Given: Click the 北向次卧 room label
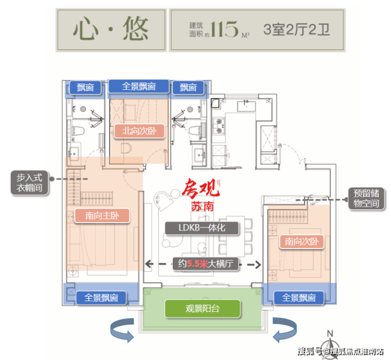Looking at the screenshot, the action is click(139, 131).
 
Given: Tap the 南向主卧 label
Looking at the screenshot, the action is click(102, 216).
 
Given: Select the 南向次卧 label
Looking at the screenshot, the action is click(302, 242).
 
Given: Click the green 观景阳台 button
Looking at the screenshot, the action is click(202, 309).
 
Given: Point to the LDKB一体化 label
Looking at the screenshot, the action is click(202, 228).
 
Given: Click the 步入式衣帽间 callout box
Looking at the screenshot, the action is click(30, 182).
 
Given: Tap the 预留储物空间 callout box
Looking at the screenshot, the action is click(366, 198).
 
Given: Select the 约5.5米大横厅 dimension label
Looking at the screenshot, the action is click(206, 264).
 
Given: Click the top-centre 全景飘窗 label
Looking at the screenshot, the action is click(138, 86).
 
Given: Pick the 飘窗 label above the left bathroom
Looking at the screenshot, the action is click(85, 88).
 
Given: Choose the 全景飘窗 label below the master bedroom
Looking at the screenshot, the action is click(101, 298).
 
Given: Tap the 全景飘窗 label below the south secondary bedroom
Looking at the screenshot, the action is click(299, 298).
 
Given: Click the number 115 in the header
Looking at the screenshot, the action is click(225, 29).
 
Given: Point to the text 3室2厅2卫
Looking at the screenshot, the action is click(297, 30).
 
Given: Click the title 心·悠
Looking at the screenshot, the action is click(111, 29).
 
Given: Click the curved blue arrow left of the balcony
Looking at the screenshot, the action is click(122, 330).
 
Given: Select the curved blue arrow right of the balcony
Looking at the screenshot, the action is click(285, 329).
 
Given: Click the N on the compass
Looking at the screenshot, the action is click(330, 334).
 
